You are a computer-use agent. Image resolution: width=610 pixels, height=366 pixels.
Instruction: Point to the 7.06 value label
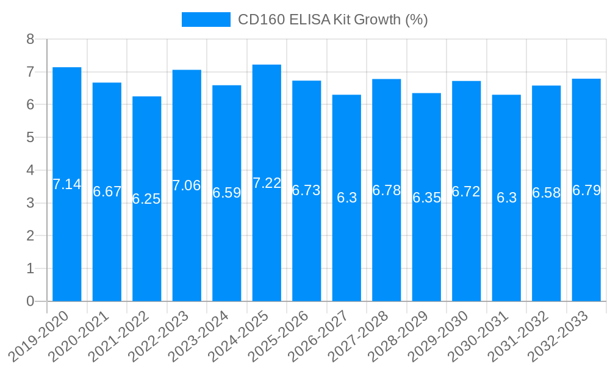click(187, 185)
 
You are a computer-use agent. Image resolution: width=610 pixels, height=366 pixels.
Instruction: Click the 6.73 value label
click(306, 190)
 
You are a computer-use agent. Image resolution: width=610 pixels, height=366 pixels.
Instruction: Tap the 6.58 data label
click(546, 193)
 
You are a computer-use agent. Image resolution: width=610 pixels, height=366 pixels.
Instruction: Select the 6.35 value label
click(426, 198)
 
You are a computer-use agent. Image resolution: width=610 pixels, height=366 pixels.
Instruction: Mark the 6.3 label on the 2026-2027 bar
click(346, 198)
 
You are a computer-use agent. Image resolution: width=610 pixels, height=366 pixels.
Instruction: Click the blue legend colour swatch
click(206, 20)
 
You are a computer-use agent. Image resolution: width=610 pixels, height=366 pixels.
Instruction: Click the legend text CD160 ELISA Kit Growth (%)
click(332, 20)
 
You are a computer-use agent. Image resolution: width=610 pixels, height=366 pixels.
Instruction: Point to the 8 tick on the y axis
click(30, 40)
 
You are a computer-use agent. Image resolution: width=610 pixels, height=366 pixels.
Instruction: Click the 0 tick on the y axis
click(30, 301)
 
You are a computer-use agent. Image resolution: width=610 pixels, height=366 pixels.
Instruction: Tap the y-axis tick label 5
click(30, 138)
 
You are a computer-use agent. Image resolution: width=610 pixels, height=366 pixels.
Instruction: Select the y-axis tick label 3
click(30, 203)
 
